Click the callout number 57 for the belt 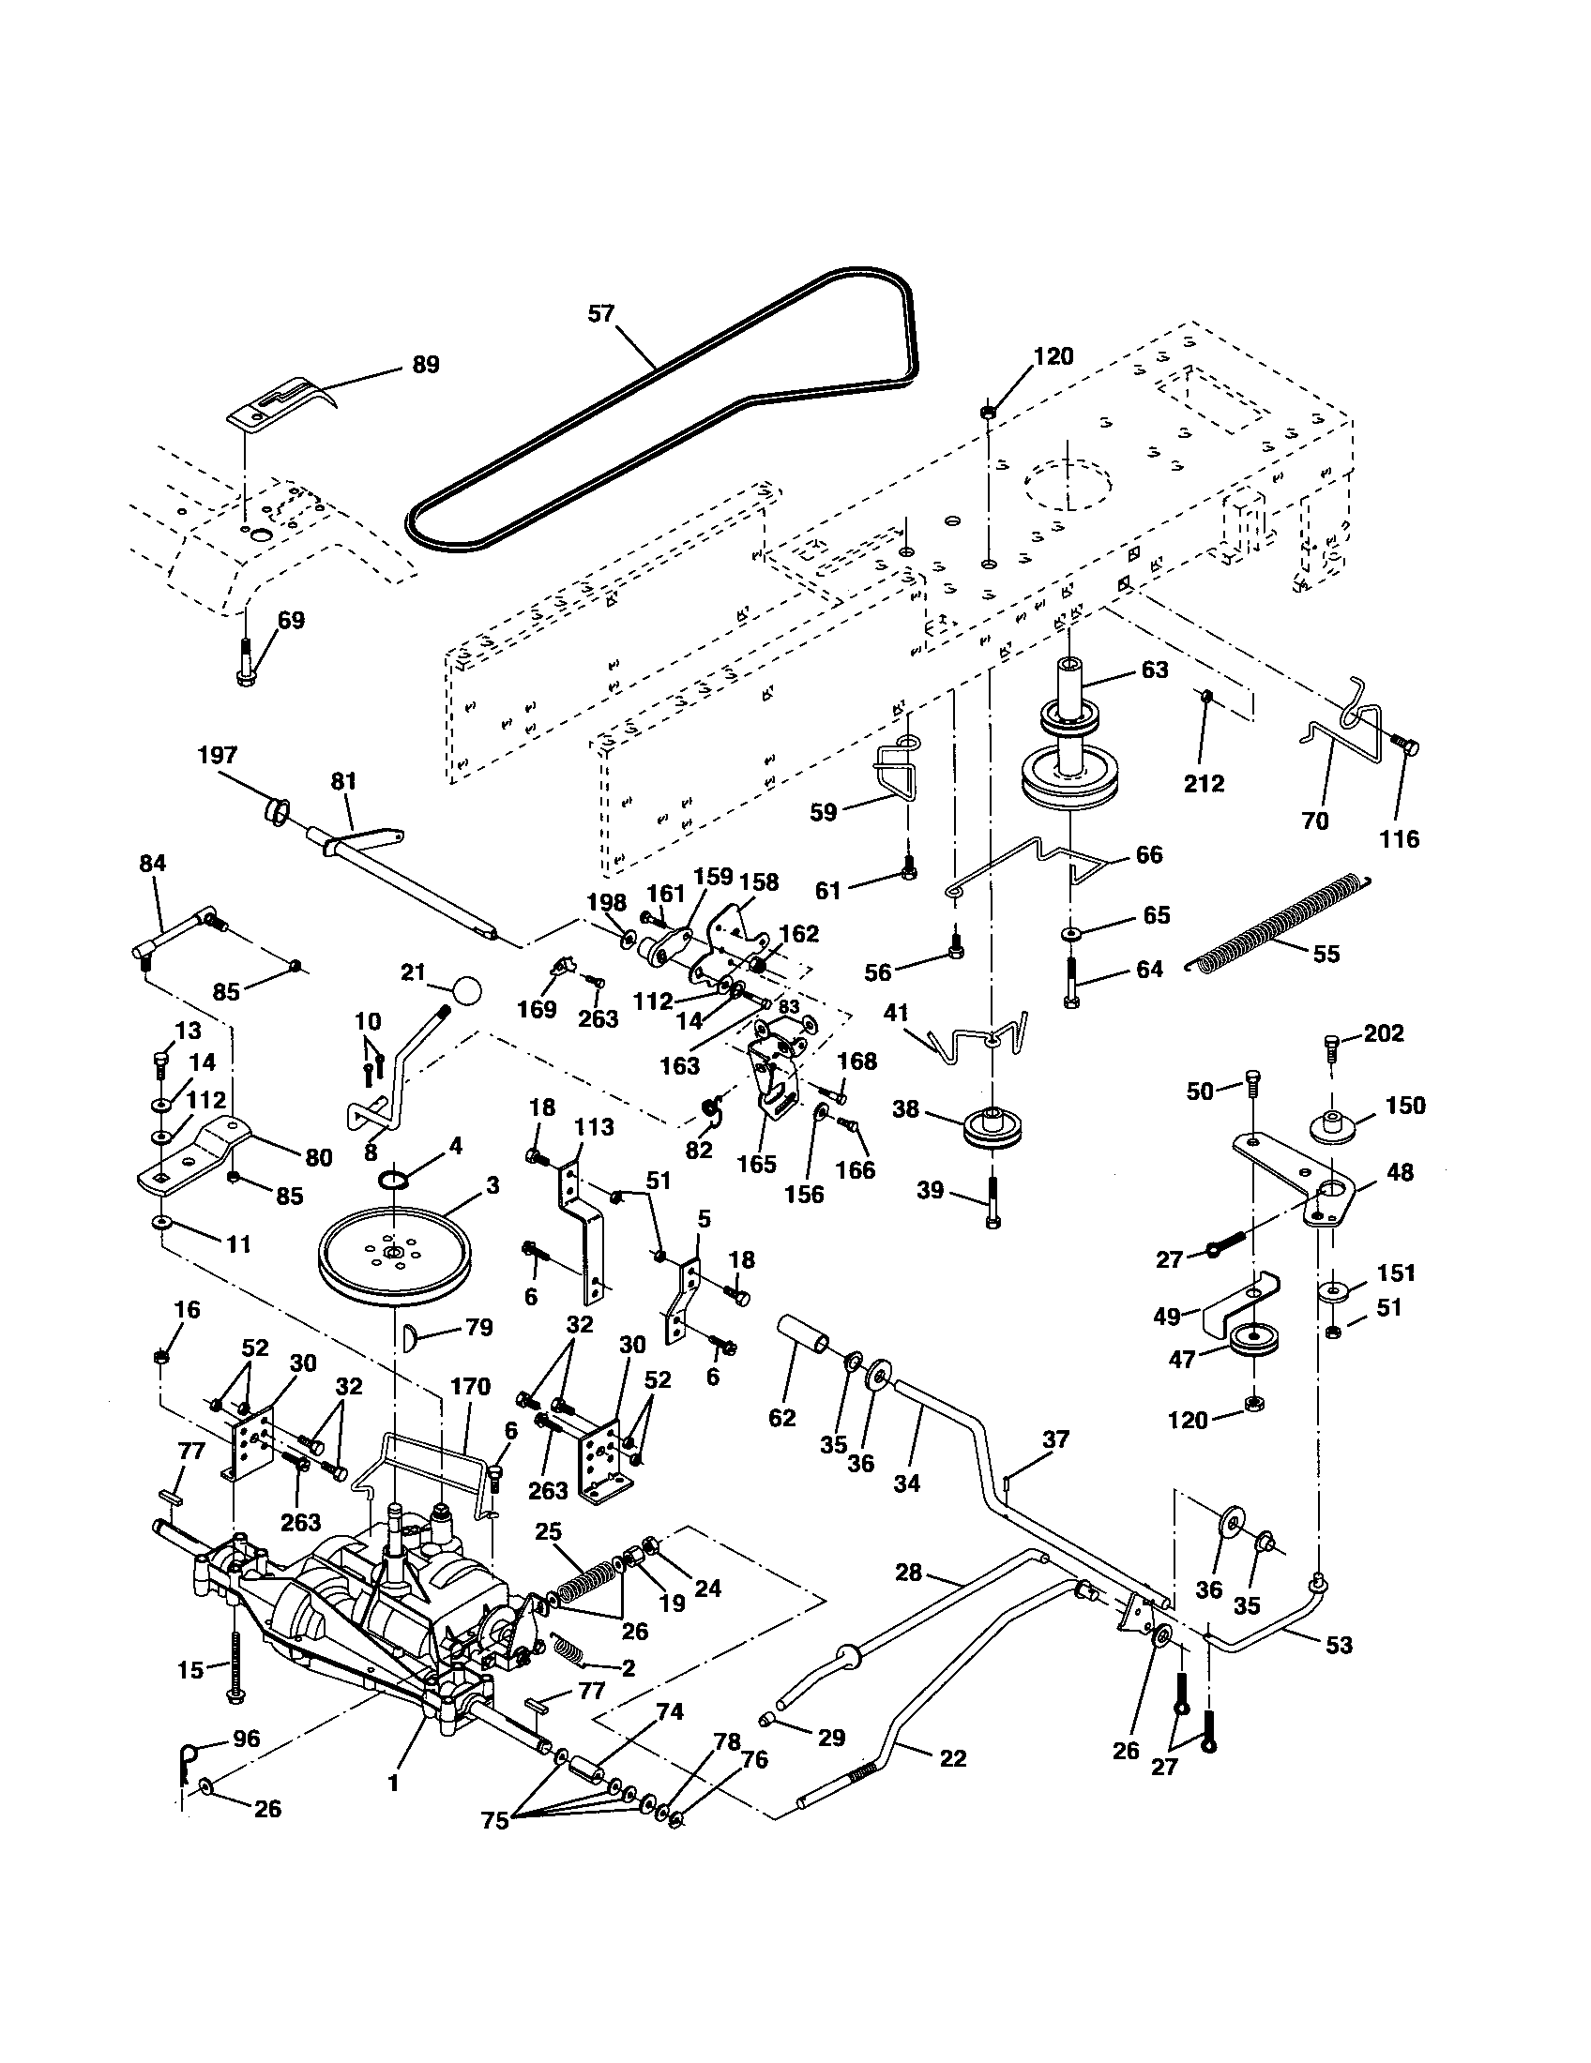tap(601, 313)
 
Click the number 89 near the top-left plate tap(426, 365)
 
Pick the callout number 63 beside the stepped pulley tap(1155, 670)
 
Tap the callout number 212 tap(1204, 783)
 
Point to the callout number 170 tap(471, 1387)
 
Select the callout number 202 tap(1384, 1033)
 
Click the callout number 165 tap(756, 1163)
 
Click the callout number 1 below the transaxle tap(393, 1783)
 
